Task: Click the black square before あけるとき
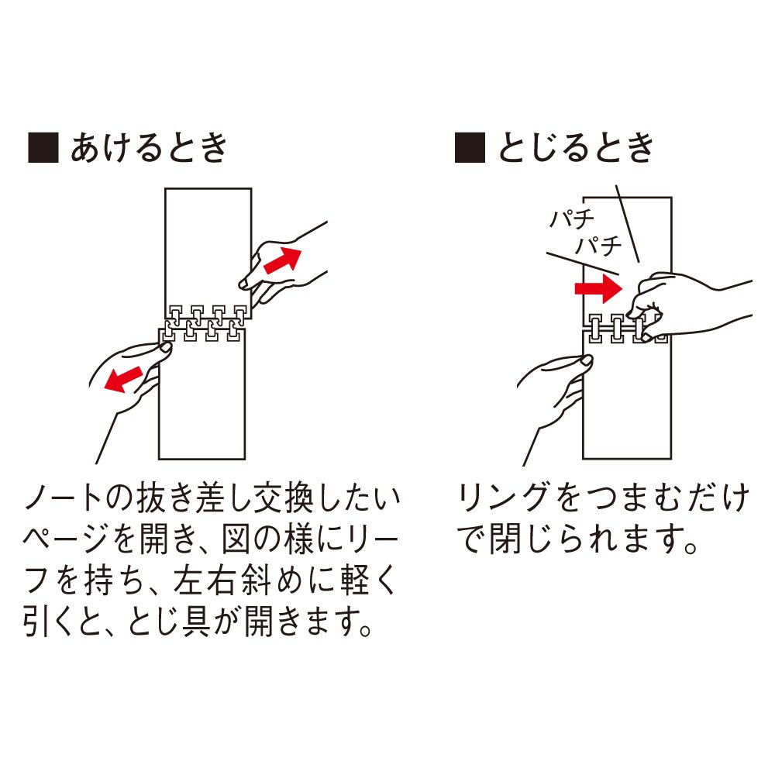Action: click(43, 147)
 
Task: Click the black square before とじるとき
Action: click(470, 147)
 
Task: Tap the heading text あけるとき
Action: click(149, 148)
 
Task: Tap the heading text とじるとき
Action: click(576, 148)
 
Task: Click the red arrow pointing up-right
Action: click(283, 260)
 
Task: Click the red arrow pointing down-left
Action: click(123, 379)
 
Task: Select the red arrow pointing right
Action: click(598, 288)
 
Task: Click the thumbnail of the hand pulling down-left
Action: click(165, 347)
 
